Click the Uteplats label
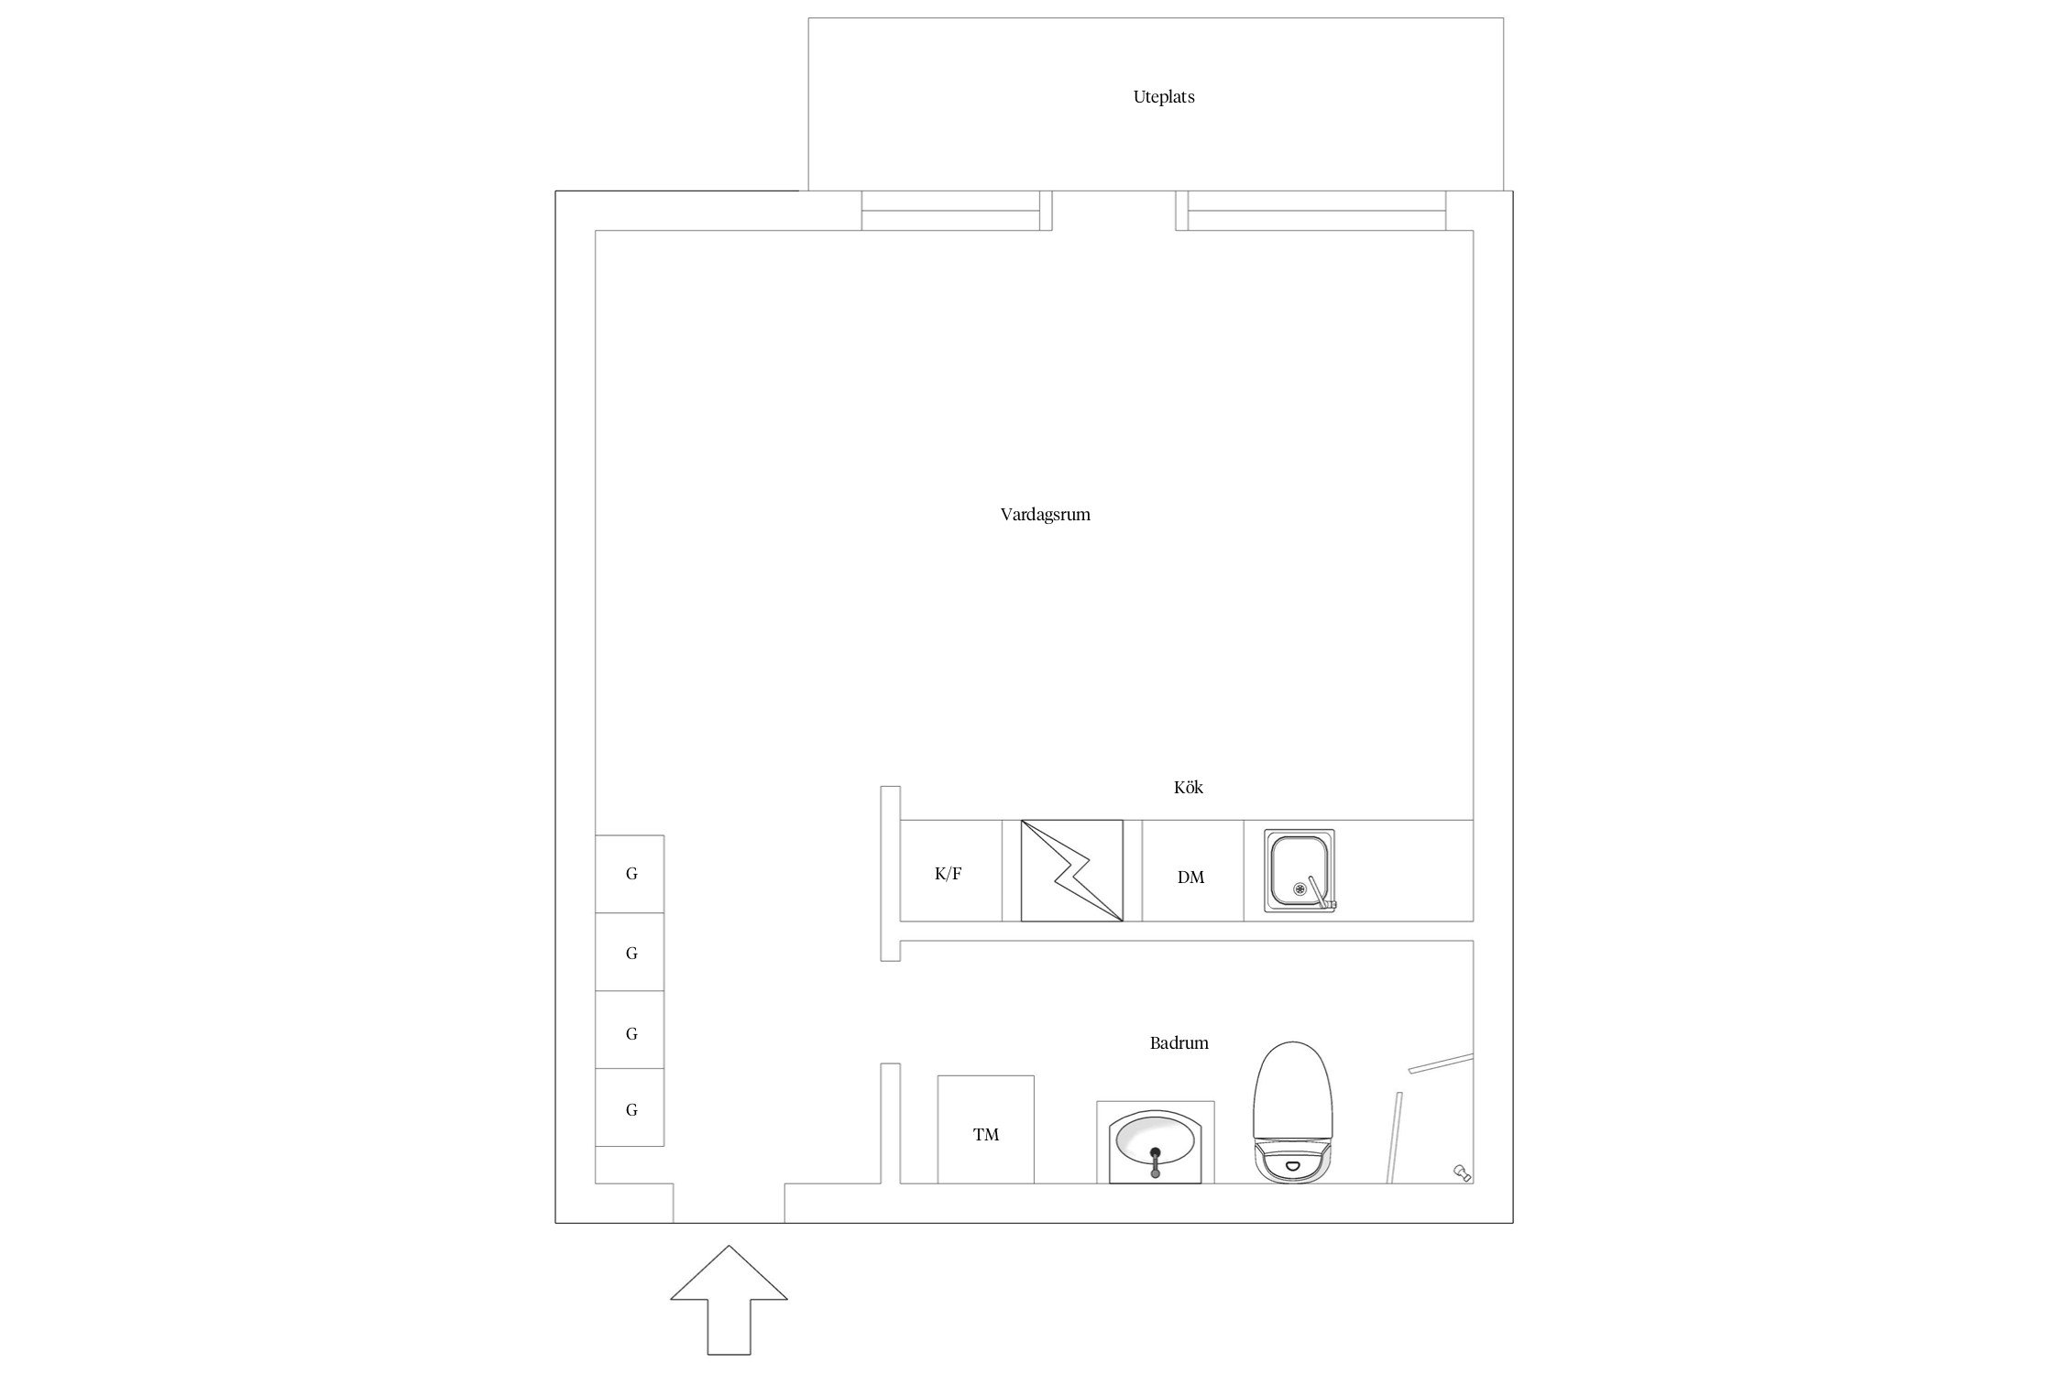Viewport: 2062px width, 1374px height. pos(1163,97)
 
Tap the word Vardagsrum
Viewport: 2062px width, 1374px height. pos(1045,515)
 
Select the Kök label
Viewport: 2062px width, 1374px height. pos(1188,787)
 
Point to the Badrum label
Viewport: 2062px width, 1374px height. pos(1179,1042)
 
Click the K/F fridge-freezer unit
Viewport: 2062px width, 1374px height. pos(950,870)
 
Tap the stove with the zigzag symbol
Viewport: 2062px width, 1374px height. pos(1071,870)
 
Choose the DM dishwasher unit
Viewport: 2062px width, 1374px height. pos(1192,870)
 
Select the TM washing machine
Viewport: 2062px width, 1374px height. pos(985,1129)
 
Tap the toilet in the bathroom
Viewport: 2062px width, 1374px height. pos(1291,1112)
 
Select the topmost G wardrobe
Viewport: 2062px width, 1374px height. pos(630,874)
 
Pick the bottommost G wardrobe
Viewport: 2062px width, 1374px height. pos(630,1107)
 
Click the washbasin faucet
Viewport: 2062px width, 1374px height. pos(1155,1161)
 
